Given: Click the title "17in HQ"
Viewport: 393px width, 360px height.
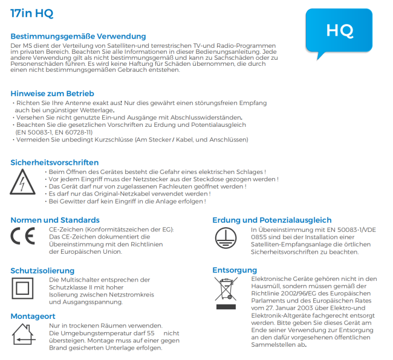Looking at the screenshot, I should pyautogui.click(x=28, y=13).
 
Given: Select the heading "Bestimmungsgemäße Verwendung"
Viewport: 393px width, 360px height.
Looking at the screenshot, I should pyautogui.click(x=78, y=37).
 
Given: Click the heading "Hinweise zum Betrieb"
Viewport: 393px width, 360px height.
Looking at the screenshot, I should pyautogui.click(x=52, y=94).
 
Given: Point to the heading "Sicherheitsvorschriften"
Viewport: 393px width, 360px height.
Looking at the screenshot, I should pyautogui.click(x=54, y=162).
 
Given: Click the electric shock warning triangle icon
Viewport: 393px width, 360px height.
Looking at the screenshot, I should pyautogui.click(x=23, y=180).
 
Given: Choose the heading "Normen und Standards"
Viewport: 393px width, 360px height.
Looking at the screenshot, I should pyautogui.click(x=54, y=220).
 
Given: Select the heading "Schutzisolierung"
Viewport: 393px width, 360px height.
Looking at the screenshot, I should pyautogui.click(x=42, y=270).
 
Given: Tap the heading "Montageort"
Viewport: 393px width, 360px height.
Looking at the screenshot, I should pyautogui.click(x=33, y=316).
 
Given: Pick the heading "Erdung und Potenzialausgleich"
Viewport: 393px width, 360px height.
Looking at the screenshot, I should pyautogui.click(x=271, y=220).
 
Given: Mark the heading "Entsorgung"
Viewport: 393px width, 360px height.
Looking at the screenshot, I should pyautogui.click(x=235, y=270).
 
